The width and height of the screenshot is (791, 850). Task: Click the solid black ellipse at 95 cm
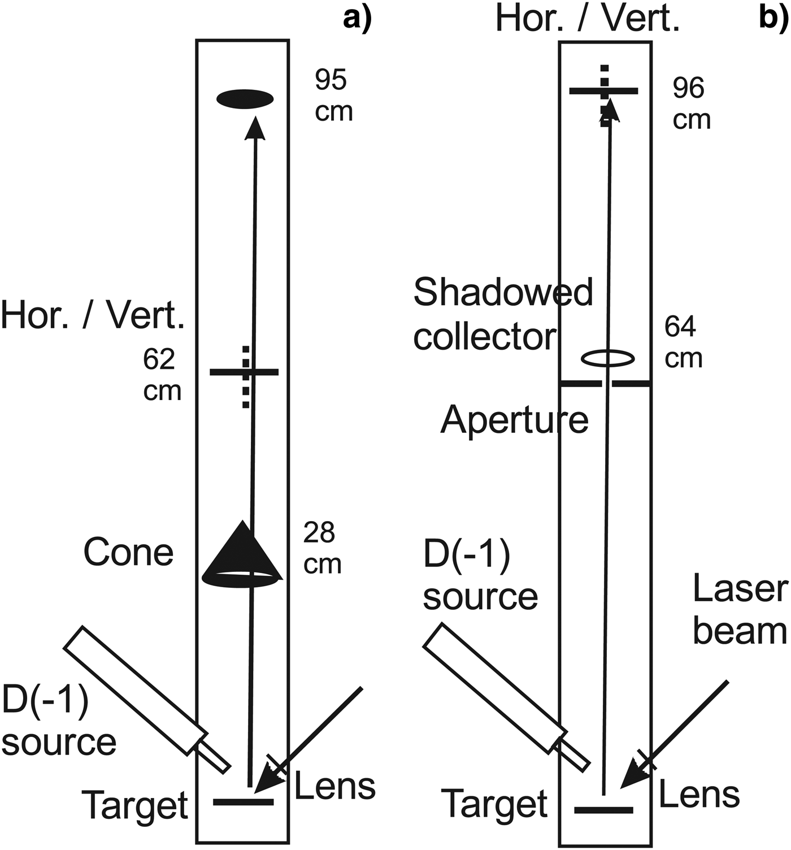point(245,99)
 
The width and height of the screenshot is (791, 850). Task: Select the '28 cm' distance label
point(322,548)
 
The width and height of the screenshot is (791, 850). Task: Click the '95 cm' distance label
point(333,96)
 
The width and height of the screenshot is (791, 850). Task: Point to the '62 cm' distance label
point(162,375)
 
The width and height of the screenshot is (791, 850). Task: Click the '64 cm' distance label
point(683,342)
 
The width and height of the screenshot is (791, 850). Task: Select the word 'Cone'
point(128,552)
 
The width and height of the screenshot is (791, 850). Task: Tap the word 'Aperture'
point(514,420)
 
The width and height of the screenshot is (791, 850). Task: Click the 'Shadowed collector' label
point(503,314)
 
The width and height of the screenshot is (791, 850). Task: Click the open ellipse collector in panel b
point(608,358)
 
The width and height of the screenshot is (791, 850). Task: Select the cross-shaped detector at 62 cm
point(245,372)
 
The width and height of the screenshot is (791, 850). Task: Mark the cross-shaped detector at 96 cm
point(604,90)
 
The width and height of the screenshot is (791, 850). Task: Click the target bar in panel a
point(243,802)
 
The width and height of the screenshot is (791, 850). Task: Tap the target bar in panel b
point(603,810)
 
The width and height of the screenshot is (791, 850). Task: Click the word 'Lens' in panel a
point(334,786)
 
